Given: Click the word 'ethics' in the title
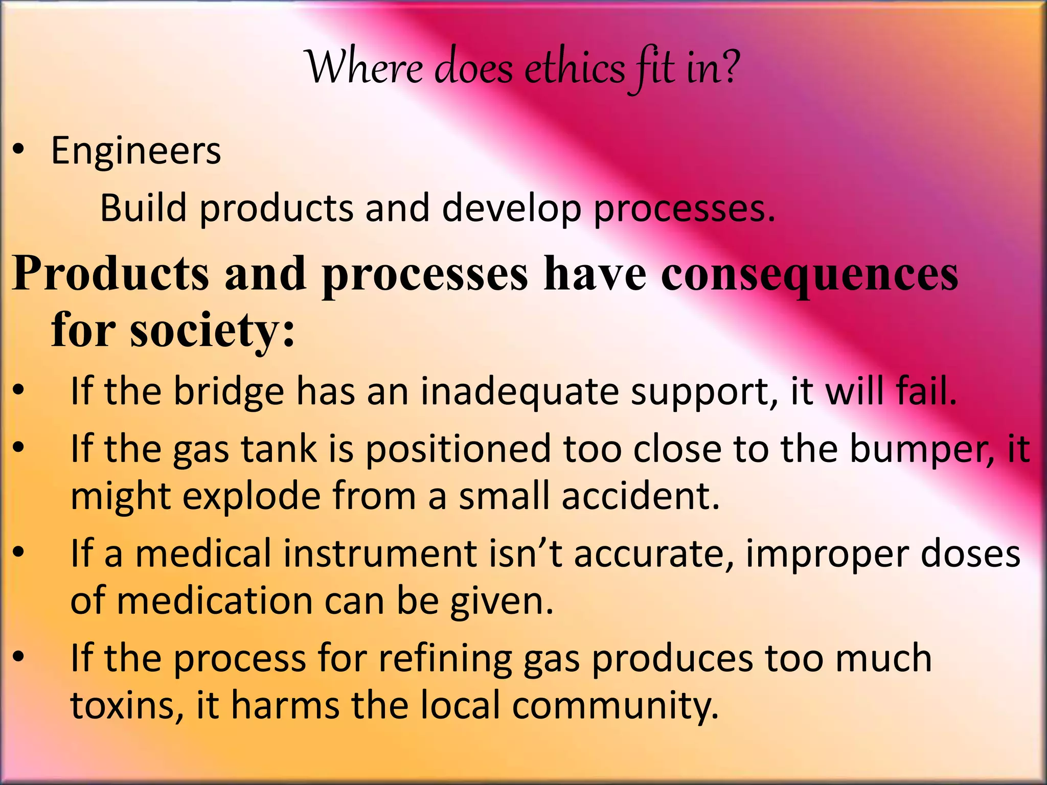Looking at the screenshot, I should point(574,69).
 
